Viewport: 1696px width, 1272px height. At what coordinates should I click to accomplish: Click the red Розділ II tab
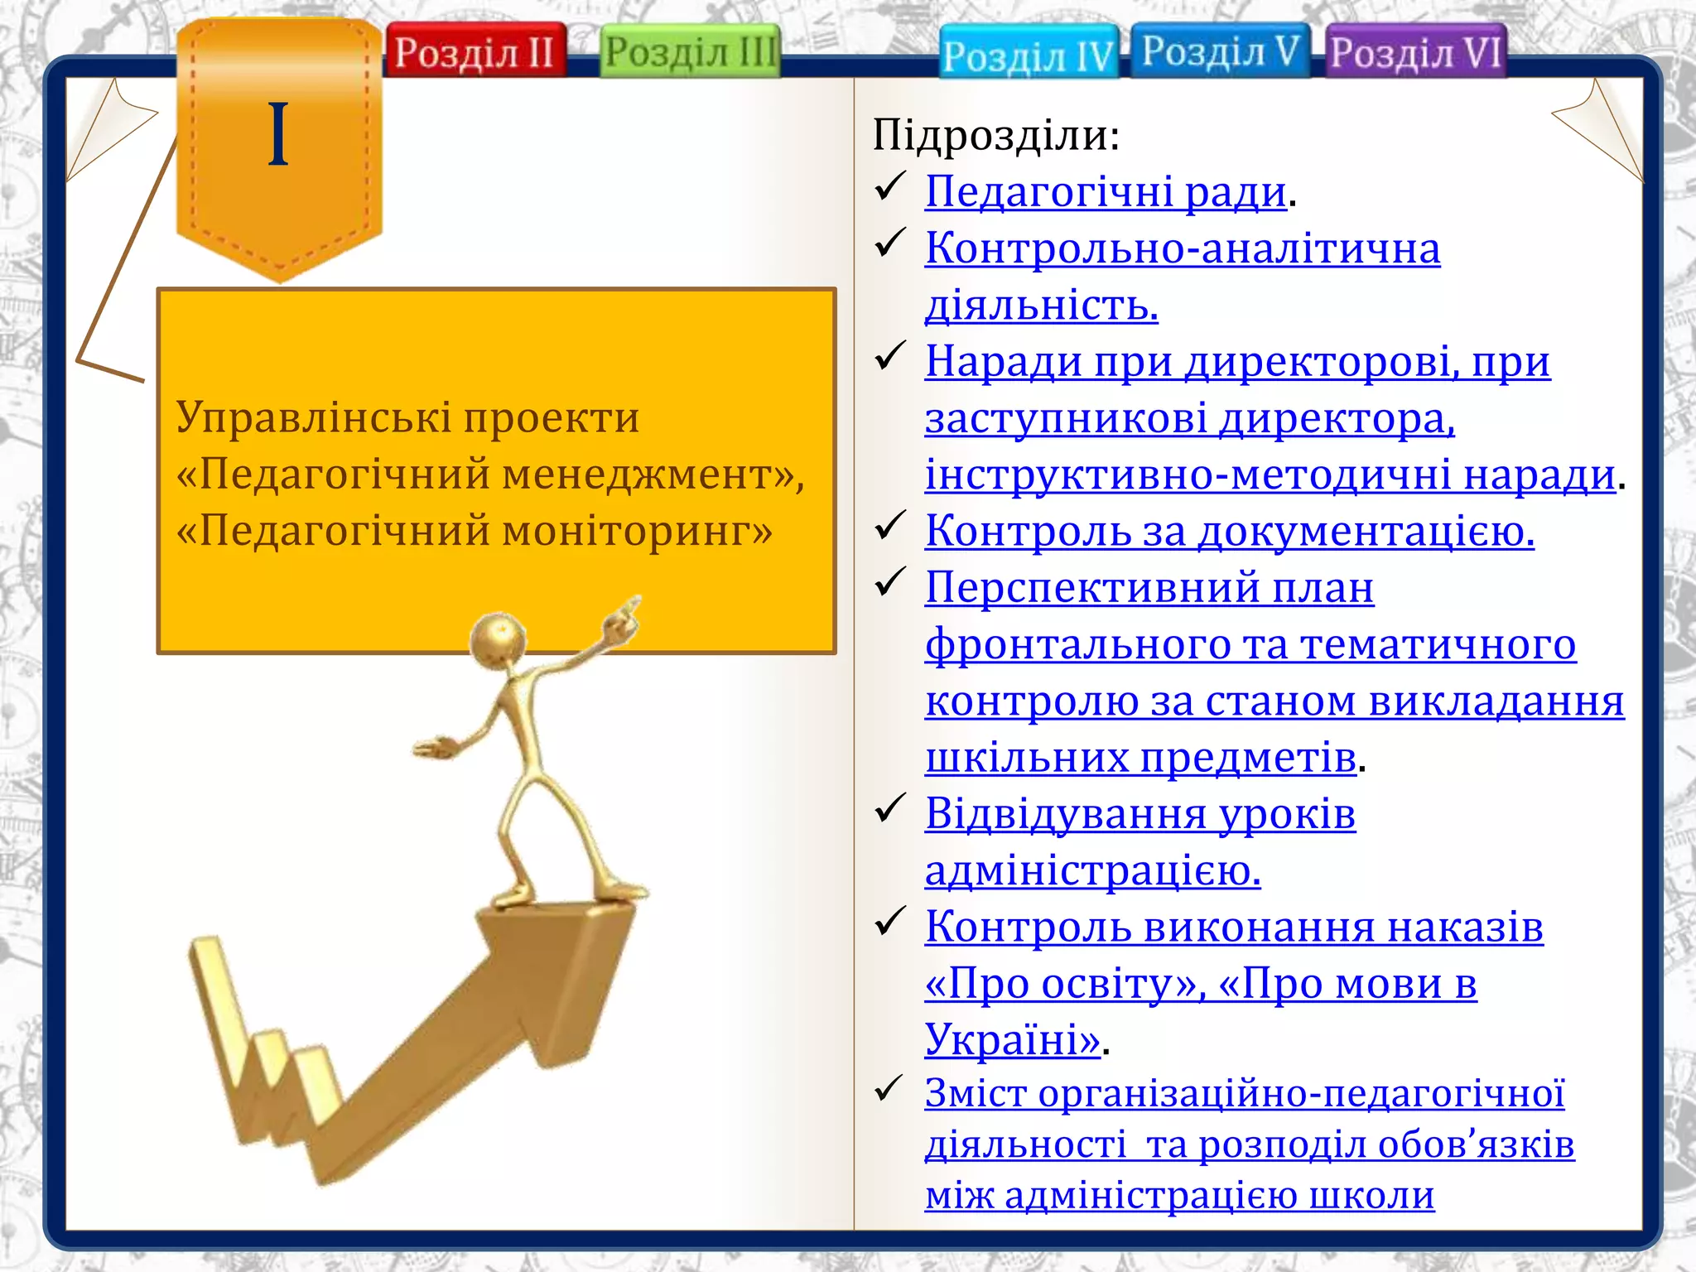(475, 51)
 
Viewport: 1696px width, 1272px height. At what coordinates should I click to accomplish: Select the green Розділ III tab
(690, 51)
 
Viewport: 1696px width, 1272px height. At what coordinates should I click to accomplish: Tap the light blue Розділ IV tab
(1028, 55)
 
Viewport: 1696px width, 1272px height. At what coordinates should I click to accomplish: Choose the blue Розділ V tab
(1220, 51)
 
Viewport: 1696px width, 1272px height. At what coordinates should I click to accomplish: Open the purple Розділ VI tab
(1415, 52)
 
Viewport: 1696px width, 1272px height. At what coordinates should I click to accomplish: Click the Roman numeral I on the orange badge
(278, 135)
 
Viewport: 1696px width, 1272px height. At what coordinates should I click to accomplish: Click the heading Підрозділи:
(996, 135)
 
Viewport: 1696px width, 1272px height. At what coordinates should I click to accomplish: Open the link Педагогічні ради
(1106, 192)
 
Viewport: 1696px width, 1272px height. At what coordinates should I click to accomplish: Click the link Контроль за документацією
(1229, 531)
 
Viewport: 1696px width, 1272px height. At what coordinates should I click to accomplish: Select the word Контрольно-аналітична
(1183, 248)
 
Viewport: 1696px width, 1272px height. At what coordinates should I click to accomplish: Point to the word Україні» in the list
(1012, 1039)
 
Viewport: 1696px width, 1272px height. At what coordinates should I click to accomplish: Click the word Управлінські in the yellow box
(314, 417)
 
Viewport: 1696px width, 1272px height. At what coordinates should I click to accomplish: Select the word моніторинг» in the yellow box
(637, 530)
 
